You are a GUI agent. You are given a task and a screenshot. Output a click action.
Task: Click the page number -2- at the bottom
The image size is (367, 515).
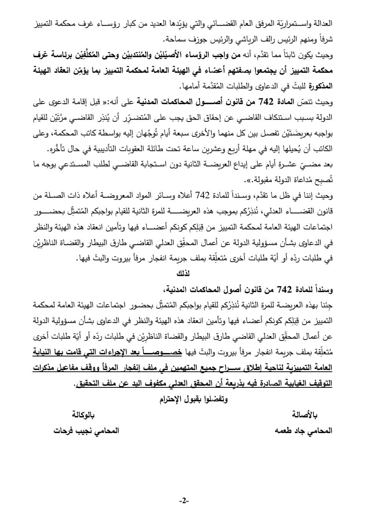point(184,500)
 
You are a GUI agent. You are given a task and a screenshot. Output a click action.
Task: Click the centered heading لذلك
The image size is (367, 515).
point(183,274)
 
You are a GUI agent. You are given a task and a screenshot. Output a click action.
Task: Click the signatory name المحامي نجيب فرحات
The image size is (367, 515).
point(86,430)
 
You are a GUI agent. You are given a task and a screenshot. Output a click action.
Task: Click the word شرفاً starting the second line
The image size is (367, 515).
point(325,39)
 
